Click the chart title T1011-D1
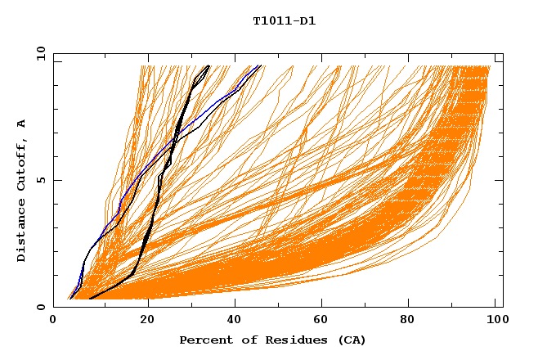284,20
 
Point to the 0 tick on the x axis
54,321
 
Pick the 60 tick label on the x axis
322,321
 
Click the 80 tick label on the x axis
412,321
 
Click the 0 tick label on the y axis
41,307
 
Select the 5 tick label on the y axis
41,180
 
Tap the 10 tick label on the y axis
38,53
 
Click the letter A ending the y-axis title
21,123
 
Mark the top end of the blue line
260,65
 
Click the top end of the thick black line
208,65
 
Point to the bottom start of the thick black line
89,299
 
